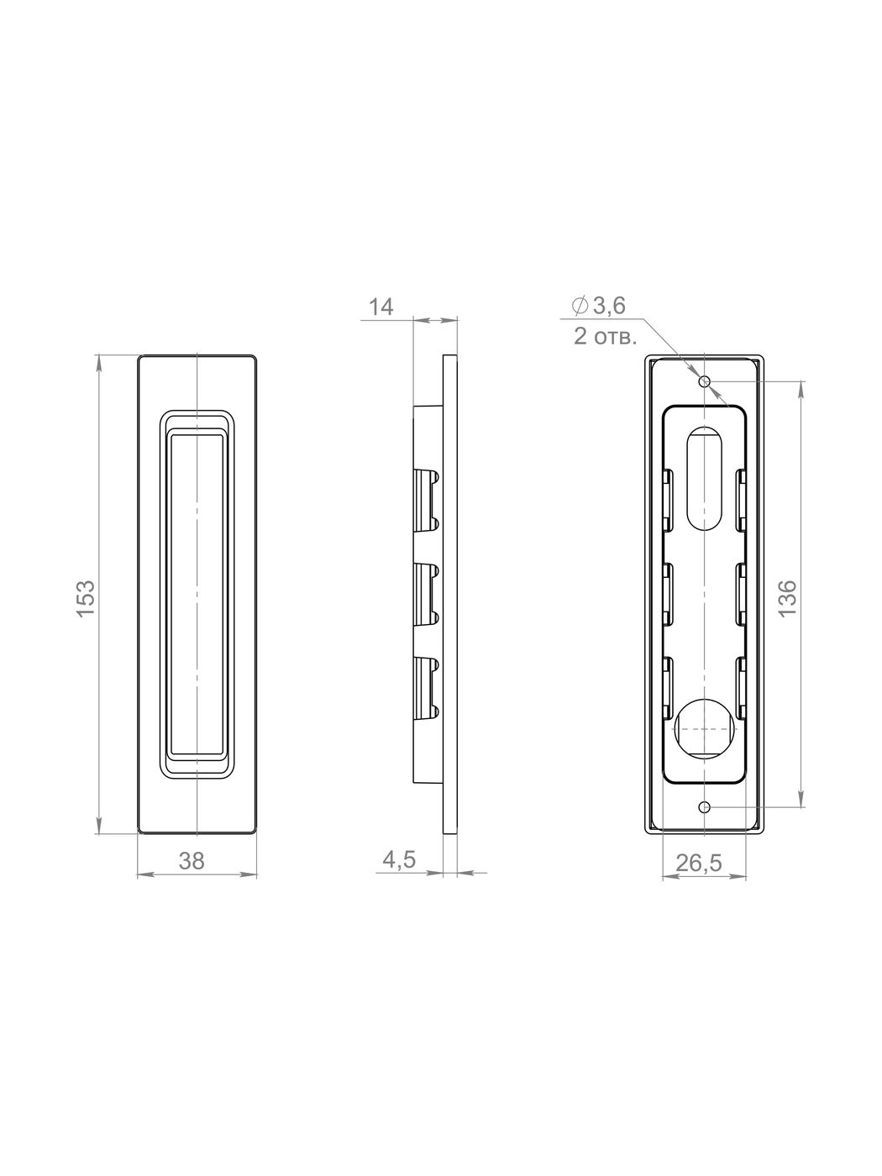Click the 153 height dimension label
(x=87, y=598)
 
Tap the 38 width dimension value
(x=192, y=861)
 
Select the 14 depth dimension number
(x=381, y=307)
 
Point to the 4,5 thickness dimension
(x=399, y=859)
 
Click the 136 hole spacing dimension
(x=787, y=598)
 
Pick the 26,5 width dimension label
(x=699, y=863)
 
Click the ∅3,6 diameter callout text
(x=599, y=306)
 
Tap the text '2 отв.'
(x=605, y=337)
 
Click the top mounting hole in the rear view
(x=705, y=381)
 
